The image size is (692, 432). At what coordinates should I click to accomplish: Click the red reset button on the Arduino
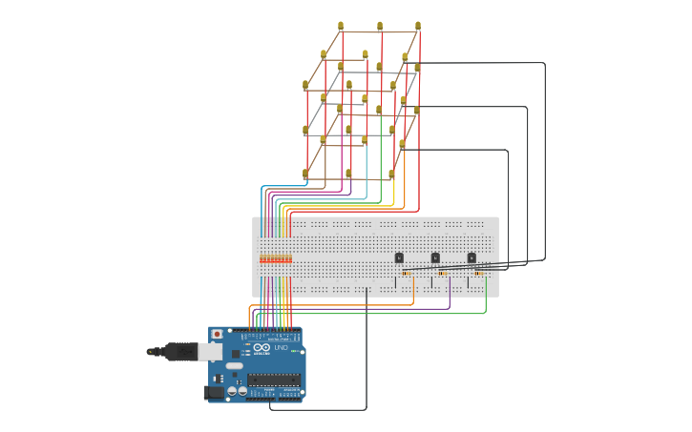(217, 335)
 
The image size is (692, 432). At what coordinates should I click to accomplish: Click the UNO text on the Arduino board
(281, 348)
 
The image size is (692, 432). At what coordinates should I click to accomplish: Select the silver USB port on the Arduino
(210, 352)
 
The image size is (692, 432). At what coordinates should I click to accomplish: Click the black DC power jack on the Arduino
(215, 392)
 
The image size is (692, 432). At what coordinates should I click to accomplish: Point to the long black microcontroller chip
(274, 380)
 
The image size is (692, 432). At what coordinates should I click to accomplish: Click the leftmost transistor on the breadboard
(399, 257)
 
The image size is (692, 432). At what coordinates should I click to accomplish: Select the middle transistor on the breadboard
(435, 257)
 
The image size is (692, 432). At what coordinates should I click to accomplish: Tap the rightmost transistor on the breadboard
(472, 257)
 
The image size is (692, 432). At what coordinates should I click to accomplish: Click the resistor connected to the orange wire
(407, 274)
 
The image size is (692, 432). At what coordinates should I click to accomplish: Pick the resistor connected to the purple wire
(443, 274)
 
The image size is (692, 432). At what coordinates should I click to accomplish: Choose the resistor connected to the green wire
(479, 274)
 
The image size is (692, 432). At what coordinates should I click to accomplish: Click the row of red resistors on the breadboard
(276, 258)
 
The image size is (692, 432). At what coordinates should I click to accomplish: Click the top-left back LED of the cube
(341, 27)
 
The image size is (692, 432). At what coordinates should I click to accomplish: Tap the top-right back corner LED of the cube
(418, 27)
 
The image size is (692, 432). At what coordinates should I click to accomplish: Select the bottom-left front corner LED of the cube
(305, 175)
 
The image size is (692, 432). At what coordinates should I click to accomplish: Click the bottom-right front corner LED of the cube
(391, 175)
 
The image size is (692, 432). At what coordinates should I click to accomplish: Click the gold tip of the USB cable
(150, 352)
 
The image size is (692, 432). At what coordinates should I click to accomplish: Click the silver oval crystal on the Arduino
(235, 365)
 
